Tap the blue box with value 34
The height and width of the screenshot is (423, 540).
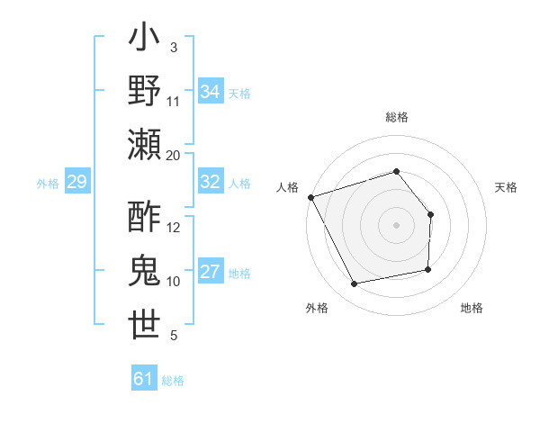pos(211,92)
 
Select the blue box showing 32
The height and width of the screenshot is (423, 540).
pos(211,183)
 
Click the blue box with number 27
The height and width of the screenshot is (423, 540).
pos(211,273)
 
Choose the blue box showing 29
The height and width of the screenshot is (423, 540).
pos(76,183)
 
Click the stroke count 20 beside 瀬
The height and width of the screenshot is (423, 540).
pos(174,155)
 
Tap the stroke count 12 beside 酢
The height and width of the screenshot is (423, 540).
pos(174,228)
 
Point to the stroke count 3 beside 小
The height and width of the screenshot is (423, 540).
pos(173,47)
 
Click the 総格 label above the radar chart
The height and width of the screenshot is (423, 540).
pos(396,117)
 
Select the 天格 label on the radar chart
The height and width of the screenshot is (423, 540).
pos(506,187)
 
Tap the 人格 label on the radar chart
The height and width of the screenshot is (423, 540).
pos(288,187)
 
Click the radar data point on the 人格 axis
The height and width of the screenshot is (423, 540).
pos(310,197)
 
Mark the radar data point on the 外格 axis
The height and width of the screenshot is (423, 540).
pos(355,284)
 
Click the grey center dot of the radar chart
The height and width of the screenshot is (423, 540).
pos(396,224)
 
